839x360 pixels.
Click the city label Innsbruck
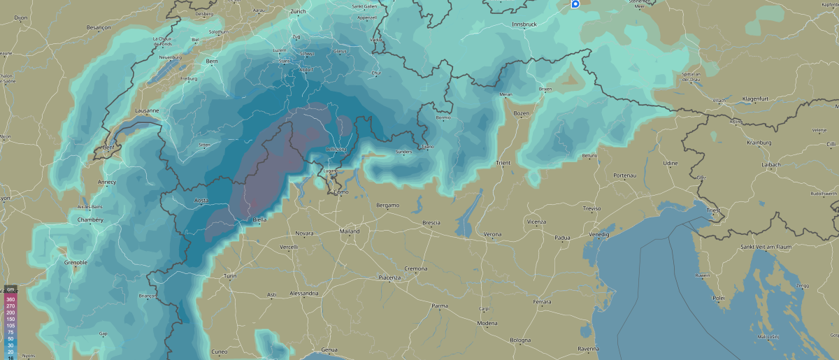pyautogui.click(x=524, y=24)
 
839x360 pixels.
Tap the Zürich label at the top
pyautogui.click(x=299, y=12)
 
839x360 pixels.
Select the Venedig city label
pyautogui.click(x=598, y=235)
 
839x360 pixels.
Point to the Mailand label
pyautogui.click(x=349, y=231)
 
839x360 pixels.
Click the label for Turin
pyautogui.click(x=229, y=277)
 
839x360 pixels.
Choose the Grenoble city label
pyautogui.click(x=76, y=262)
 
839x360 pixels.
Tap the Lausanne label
pyautogui.click(x=147, y=110)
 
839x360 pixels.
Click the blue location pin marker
pyautogui.click(x=575, y=4)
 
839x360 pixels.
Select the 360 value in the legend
pyautogui.click(x=10, y=299)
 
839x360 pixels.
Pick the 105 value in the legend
pyautogui.click(x=10, y=325)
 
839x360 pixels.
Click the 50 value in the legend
pyautogui.click(x=10, y=338)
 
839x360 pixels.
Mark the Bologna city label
pyautogui.click(x=520, y=340)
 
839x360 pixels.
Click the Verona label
pyautogui.click(x=492, y=233)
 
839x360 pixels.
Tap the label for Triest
pyautogui.click(x=713, y=210)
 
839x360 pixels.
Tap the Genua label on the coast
pyautogui.click(x=329, y=350)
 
